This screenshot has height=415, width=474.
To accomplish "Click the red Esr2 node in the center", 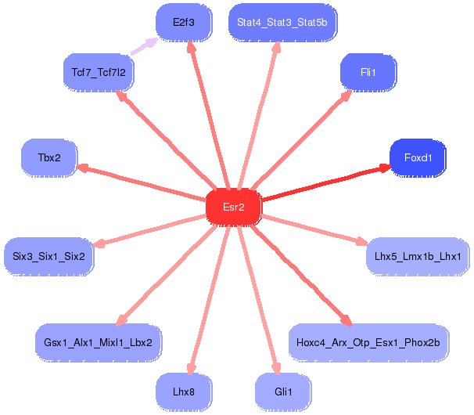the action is pyautogui.click(x=234, y=207).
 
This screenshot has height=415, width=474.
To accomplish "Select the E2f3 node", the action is pyautogui.click(x=184, y=23).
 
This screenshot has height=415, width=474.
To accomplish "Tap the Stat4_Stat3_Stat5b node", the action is pyautogui.click(x=282, y=23).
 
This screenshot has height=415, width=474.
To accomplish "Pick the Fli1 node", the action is pyautogui.click(x=368, y=72).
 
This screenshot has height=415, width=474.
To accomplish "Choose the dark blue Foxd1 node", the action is pyautogui.click(x=418, y=157).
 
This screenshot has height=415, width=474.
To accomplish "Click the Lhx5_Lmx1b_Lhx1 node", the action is pyautogui.click(x=418, y=257).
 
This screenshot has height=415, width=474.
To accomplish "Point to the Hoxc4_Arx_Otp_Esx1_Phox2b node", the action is pyautogui.click(x=368, y=343).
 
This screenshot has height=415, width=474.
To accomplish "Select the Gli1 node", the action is pyautogui.click(x=283, y=392).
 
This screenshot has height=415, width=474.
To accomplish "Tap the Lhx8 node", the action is pyautogui.click(x=184, y=392).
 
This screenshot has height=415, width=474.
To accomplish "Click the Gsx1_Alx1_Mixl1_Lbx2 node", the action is pyautogui.click(x=99, y=343).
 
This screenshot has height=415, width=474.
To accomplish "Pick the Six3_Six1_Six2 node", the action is pyautogui.click(x=48, y=257).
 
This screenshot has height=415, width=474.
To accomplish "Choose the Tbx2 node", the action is pyautogui.click(x=49, y=157).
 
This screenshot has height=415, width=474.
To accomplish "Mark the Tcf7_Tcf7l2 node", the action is pyautogui.click(x=99, y=72).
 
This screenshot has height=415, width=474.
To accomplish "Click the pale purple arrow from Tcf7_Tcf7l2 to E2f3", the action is pyautogui.click(x=144, y=46).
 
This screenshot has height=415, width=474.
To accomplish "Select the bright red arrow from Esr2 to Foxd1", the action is pyautogui.click(x=326, y=182).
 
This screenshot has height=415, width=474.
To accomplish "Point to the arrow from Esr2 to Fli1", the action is pyautogui.click(x=302, y=140).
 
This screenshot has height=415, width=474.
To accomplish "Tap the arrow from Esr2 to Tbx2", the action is pyautogui.click(x=141, y=182).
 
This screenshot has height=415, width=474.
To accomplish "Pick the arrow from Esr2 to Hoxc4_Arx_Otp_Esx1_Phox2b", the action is pyautogui.click(x=302, y=276).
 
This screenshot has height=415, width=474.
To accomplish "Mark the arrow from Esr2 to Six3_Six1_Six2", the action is pyautogui.click(x=149, y=231).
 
